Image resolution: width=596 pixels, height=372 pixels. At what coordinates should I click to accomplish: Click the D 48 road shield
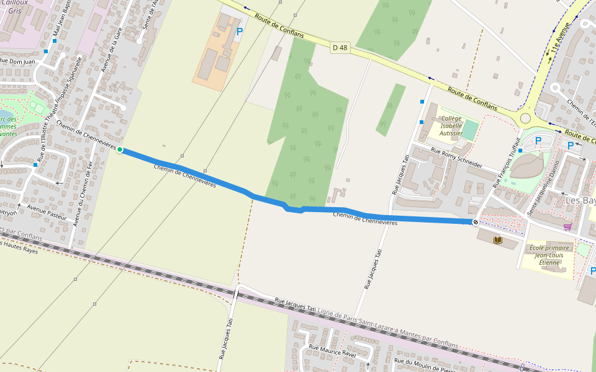coord(339,47)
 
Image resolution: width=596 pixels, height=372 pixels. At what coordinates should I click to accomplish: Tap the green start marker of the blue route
coord(120,149)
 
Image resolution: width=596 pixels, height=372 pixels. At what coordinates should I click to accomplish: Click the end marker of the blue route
coord(475,222)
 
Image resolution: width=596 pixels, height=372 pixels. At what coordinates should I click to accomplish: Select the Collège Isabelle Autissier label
coord(451,125)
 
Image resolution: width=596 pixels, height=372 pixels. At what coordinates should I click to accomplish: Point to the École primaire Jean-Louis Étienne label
coord(549,255)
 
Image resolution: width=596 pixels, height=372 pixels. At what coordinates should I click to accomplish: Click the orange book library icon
coord(498,240)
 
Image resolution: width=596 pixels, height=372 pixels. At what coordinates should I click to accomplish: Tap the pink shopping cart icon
coord(567,227)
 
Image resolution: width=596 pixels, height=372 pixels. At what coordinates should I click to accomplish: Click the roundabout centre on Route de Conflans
coord(526,118)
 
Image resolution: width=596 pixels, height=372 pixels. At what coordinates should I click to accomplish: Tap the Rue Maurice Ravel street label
coord(332,350)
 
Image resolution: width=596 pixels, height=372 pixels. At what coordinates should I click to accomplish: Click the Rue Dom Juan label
coord(17,61)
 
